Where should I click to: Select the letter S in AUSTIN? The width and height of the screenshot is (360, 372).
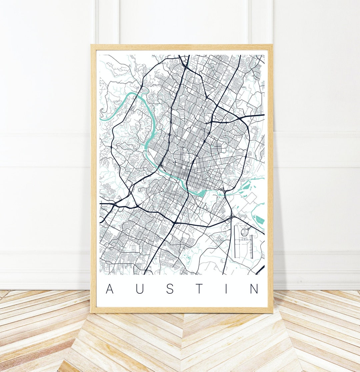pyautogui.click(x=170, y=289)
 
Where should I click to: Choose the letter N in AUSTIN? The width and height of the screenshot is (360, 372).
pyautogui.click(x=254, y=289)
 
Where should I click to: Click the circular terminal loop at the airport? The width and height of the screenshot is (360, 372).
pyautogui.click(x=246, y=231)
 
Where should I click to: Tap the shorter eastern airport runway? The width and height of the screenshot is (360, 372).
pyautogui.click(x=252, y=247)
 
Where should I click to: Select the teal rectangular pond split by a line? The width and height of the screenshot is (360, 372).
pyautogui.click(x=260, y=220)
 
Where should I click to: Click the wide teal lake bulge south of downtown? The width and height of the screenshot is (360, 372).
pyautogui.click(x=202, y=193)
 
